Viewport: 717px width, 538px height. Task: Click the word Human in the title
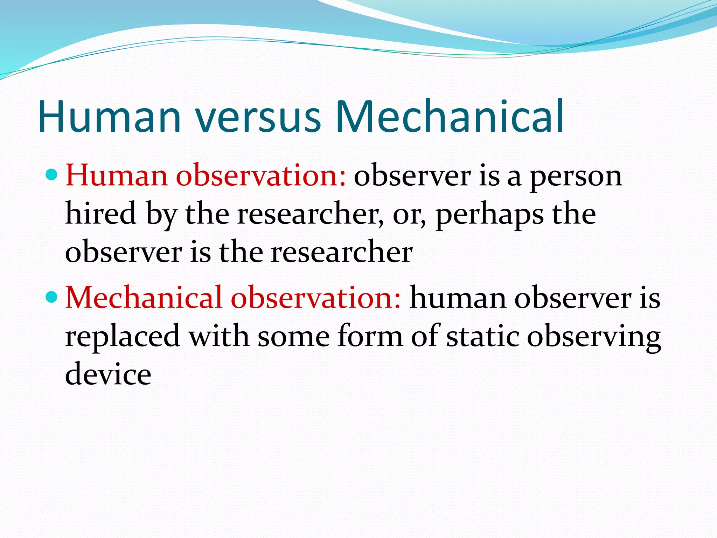coord(109,116)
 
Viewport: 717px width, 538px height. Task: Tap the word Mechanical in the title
coord(449,116)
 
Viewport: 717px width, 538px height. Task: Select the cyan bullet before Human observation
coord(51,174)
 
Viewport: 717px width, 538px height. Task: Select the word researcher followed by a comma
coord(310,214)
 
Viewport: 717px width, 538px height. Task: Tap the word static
coord(482,336)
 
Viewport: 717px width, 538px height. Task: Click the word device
coord(108,374)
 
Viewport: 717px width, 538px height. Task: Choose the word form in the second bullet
coord(370,336)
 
